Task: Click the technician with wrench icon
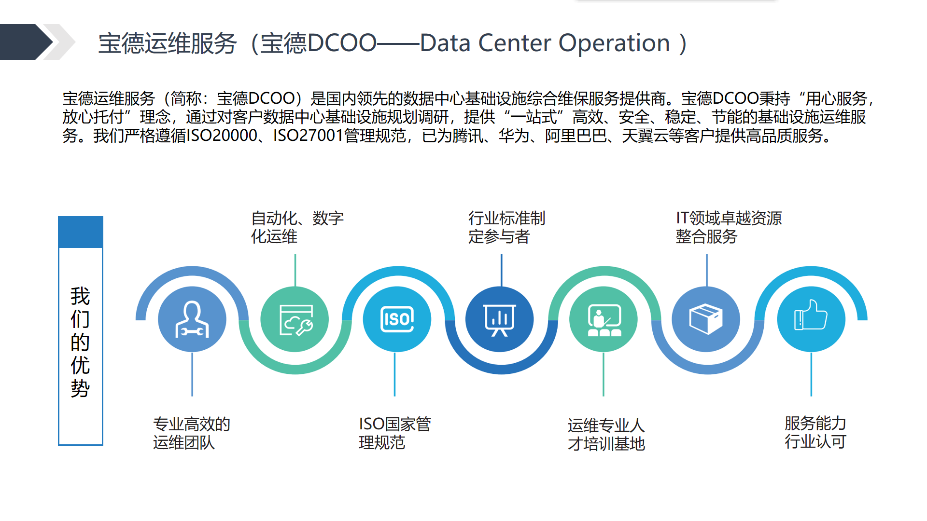[192, 319]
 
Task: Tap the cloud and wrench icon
[296, 320]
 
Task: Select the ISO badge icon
[397, 319]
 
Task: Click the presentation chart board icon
[500, 320]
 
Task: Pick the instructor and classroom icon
[604, 320]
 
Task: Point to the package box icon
[706, 319]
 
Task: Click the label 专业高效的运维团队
[192, 433]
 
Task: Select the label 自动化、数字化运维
[297, 227]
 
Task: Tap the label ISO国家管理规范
[395, 433]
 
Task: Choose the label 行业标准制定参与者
[506, 227]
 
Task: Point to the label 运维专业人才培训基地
[606, 434]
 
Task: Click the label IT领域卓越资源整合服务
[729, 227]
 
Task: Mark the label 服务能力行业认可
[815, 432]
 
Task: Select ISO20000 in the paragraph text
[222, 136]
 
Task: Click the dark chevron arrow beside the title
[27, 42]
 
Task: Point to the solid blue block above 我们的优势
[81, 232]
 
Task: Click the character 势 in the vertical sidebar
[80, 388]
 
